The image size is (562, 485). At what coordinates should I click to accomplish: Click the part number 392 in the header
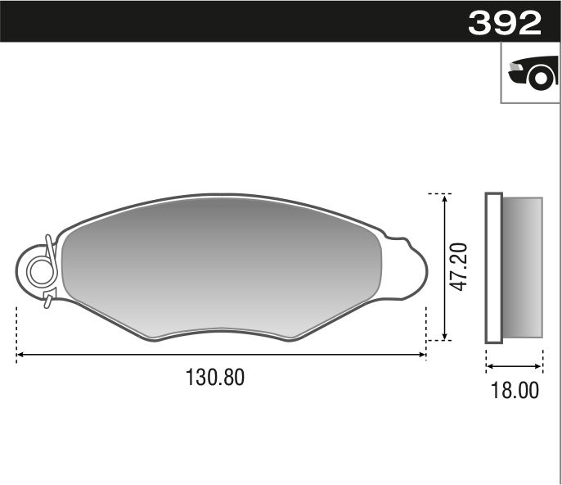505,22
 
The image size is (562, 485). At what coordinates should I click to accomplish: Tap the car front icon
533,73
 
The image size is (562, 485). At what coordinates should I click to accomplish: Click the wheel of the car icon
541,78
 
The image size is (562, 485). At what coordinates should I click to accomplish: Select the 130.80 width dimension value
215,377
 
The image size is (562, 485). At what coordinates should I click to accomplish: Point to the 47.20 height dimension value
459,267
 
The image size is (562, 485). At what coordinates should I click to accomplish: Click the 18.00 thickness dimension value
515,390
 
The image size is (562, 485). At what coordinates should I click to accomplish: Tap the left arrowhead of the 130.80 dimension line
20,355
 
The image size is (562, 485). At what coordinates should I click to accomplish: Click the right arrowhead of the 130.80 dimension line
422,355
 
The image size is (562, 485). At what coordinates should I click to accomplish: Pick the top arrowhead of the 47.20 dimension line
445,198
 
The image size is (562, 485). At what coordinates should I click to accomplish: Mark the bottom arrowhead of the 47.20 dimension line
445,336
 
